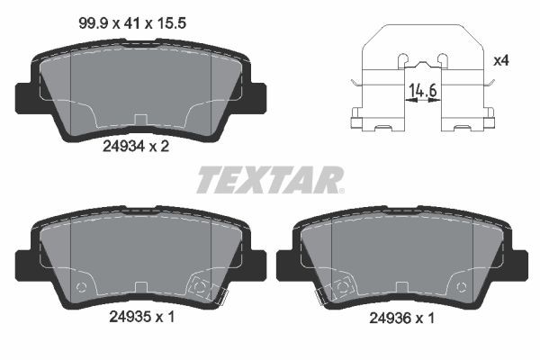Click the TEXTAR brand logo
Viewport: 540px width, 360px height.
coord(267,179)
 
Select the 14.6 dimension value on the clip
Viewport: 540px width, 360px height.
coord(422,91)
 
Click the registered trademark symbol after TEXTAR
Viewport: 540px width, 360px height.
coord(340,189)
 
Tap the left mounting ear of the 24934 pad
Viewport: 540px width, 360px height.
coord(23,94)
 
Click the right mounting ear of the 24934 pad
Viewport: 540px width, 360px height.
coord(256,94)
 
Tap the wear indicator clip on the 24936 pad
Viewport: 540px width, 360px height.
coord(338,287)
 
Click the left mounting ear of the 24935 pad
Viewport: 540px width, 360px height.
coord(24,263)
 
